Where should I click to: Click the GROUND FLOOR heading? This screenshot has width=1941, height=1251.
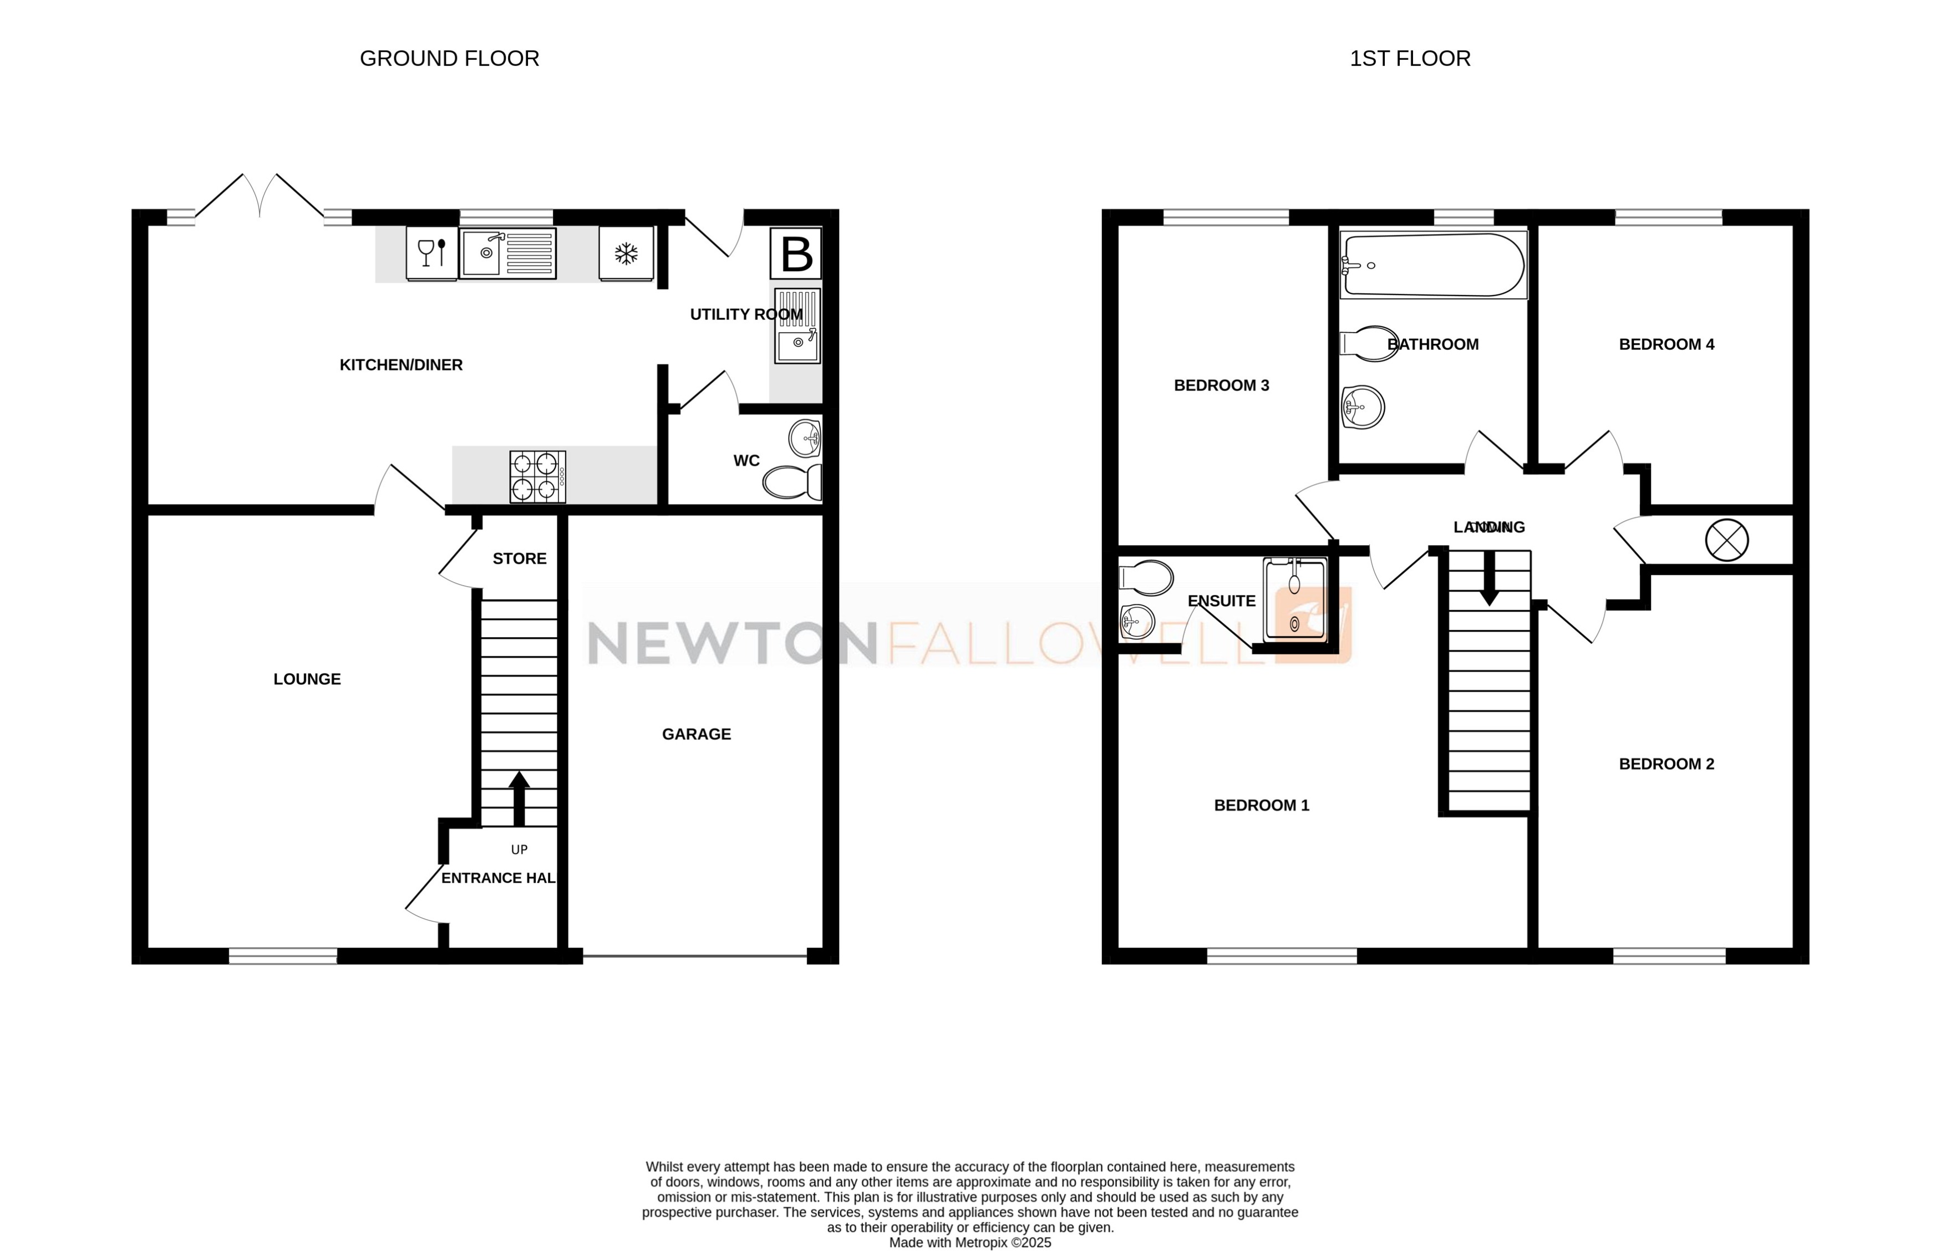tap(449, 58)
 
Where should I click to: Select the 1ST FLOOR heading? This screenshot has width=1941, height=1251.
tap(1410, 58)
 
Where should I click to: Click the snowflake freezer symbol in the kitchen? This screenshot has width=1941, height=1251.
tap(626, 255)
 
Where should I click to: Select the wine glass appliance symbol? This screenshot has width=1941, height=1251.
tap(431, 253)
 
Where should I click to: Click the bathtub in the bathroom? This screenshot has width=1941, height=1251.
tap(1433, 265)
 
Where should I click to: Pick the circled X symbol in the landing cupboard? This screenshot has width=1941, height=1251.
tap(1726, 540)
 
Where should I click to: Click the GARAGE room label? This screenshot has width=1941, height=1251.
tap(697, 734)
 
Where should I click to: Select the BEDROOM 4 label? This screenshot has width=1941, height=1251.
tap(1666, 344)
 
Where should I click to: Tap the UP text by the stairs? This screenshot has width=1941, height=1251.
tap(519, 850)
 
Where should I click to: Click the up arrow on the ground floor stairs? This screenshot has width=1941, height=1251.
tap(519, 798)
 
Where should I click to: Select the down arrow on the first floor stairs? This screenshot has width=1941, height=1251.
tap(1489, 578)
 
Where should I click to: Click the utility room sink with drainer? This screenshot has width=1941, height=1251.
tap(797, 326)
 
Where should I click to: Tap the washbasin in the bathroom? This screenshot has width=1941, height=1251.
tap(1363, 406)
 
